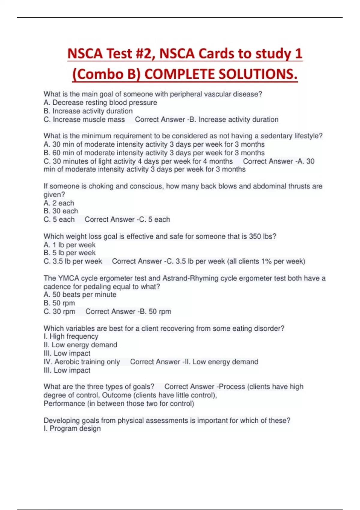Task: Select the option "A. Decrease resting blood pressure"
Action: click(100, 103)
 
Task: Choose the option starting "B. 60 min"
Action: click(154, 153)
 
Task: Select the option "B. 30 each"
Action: click(61, 211)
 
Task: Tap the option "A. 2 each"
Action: click(59, 203)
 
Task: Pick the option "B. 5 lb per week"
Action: click(70, 253)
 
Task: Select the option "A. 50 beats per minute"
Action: click(80, 295)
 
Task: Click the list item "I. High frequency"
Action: click(71, 337)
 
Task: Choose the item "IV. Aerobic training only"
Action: click(82, 362)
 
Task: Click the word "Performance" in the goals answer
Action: click(64, 403)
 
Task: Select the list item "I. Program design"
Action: click(72, 428)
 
